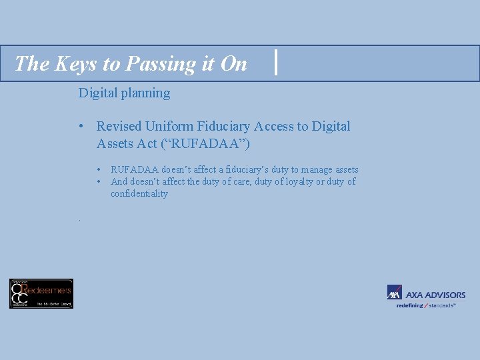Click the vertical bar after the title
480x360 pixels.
(276, 63)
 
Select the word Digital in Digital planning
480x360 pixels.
(97, 93)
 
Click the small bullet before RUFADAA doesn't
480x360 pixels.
(98, 170)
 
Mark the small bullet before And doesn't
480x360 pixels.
(98, 181)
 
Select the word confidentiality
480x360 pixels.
(139, 193)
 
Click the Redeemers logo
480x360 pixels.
(41, 293)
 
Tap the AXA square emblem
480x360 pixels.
(395, 293)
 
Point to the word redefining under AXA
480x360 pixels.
(410, 305)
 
